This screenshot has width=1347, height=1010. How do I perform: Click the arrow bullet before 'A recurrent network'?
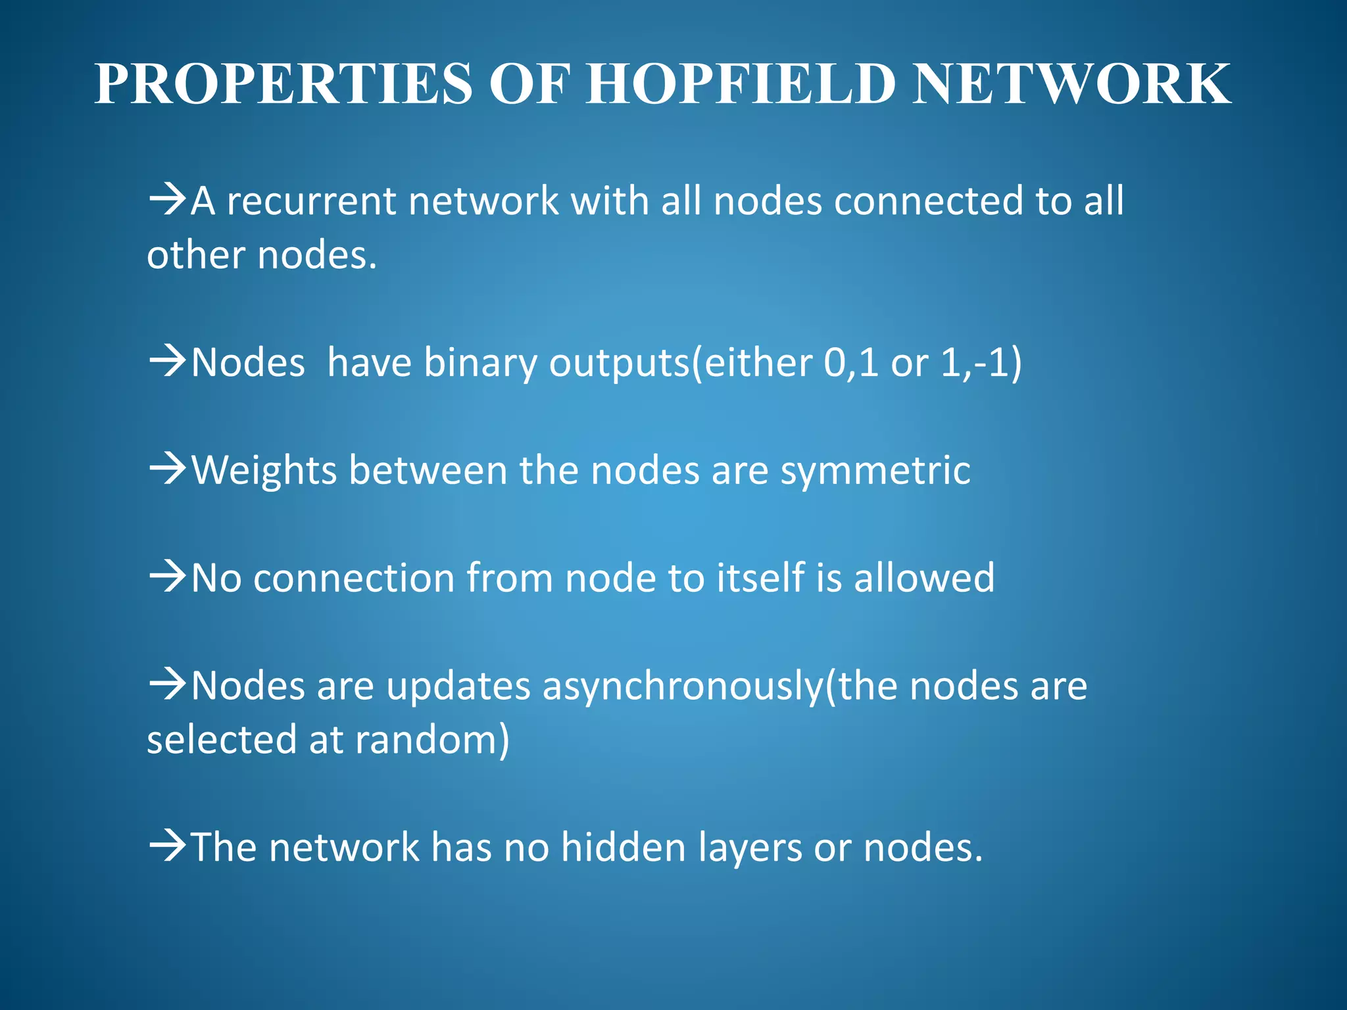click(168, 199)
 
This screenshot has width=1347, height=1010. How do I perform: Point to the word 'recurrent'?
click(311, 201)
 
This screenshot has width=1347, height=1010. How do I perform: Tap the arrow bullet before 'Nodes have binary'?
click(168, 362)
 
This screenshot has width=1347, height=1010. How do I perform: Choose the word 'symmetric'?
click(875, 471)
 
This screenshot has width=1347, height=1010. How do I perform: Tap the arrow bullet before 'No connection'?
click(168, 577)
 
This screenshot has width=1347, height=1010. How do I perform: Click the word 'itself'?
click(760, 578)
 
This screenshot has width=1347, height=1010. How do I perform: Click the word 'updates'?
click(458, 686)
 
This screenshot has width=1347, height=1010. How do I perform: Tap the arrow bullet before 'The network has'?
click(168, 846)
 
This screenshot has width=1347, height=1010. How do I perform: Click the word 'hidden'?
click(624, 847)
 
